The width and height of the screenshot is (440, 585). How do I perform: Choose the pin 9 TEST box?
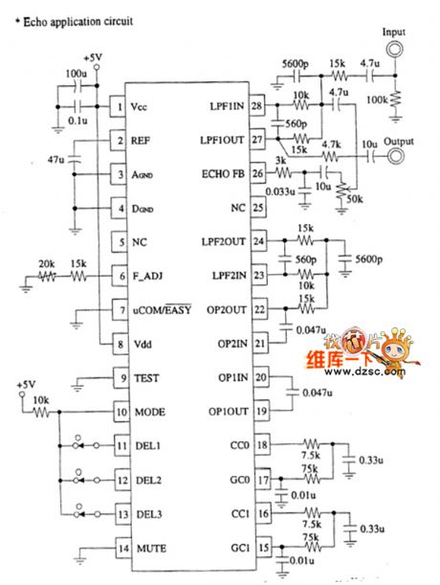[120, 378]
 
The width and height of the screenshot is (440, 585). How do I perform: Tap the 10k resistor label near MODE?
[41, 398]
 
